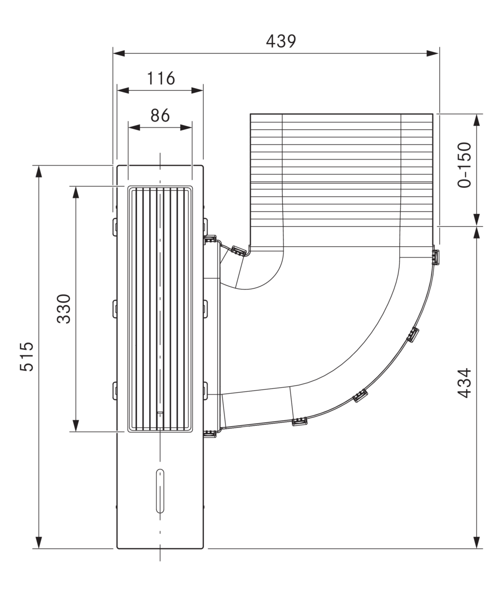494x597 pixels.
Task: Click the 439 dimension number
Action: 281,41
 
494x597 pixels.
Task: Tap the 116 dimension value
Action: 161,78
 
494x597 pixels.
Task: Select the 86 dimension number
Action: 160,115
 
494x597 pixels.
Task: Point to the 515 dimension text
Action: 27,356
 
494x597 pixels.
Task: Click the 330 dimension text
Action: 64,308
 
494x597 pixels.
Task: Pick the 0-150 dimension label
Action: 464,165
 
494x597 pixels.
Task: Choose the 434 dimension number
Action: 464,383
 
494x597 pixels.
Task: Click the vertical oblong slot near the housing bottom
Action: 160,490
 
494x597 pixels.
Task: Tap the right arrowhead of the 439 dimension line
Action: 433,53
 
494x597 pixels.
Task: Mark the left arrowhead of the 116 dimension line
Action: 123,90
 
